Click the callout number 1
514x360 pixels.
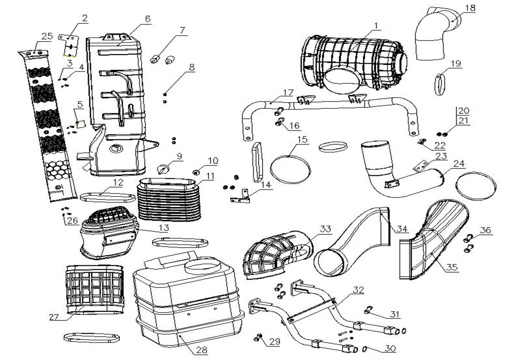click(376, 25)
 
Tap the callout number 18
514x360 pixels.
click(470, 8)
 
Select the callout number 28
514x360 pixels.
click(202, 350)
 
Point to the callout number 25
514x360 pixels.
click(47, 36)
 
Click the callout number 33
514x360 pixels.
click(326, 229)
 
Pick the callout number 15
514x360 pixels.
click(302, 139)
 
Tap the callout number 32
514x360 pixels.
click(358, 290)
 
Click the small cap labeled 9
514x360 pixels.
click(163, 169)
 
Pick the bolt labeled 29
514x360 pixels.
click(259, 337)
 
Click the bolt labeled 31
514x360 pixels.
click(369, 309)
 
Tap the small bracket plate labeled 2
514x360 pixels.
click(68, 45)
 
